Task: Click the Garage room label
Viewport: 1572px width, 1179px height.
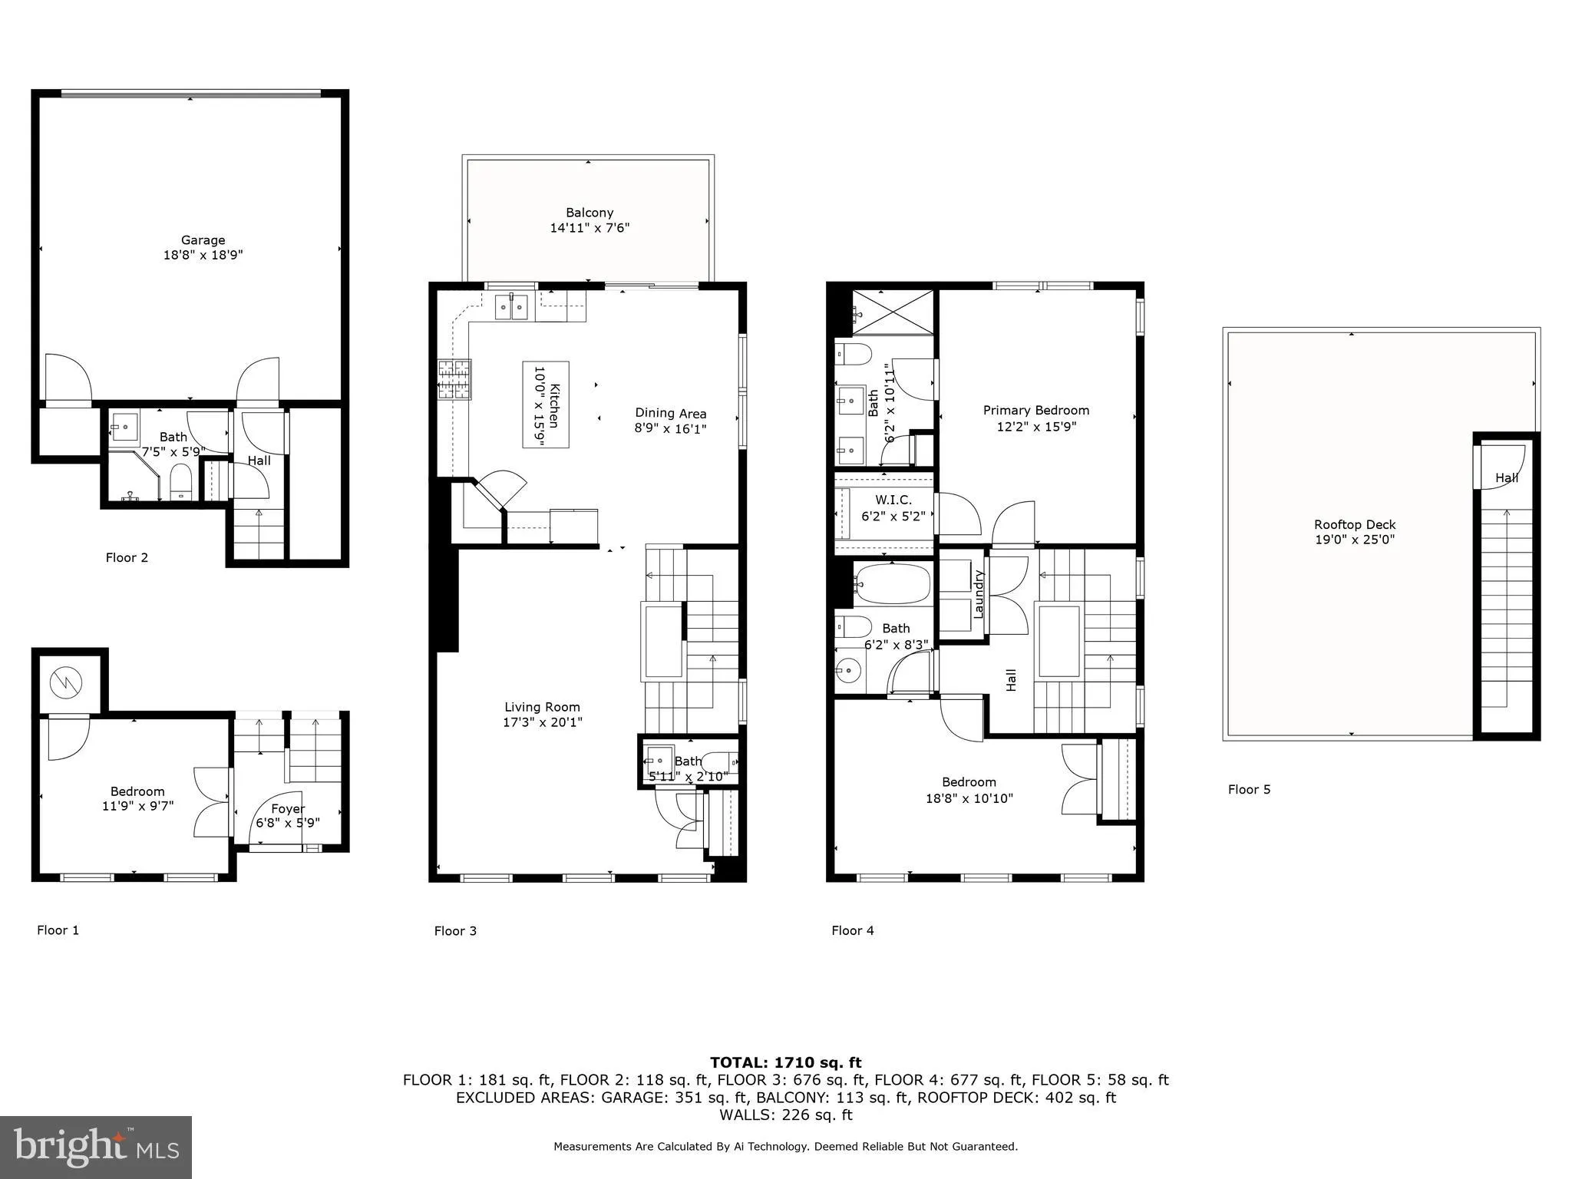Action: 203,240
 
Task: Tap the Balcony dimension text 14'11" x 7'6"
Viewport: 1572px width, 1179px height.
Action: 589,228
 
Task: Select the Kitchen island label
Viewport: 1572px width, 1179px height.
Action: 546,405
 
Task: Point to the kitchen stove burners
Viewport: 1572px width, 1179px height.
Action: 454,380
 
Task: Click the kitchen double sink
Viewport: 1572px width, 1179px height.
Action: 511,307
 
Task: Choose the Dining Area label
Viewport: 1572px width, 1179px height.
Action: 670,414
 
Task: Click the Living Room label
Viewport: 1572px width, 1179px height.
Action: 542,707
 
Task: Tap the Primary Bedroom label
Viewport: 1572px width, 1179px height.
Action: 1035,411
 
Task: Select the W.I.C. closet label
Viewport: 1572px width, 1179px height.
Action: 893,500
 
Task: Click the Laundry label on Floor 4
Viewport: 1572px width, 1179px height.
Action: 979,593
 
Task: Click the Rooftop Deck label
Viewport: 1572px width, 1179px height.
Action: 1354,525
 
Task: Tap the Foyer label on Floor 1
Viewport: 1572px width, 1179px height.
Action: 288,808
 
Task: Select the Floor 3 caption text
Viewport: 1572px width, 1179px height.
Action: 455,931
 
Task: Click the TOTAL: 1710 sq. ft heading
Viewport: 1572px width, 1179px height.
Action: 785,1062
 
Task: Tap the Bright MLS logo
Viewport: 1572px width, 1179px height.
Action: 96,1147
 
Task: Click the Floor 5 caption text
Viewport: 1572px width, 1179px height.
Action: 1249,789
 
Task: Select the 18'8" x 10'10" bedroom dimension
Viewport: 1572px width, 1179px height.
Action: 969,798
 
